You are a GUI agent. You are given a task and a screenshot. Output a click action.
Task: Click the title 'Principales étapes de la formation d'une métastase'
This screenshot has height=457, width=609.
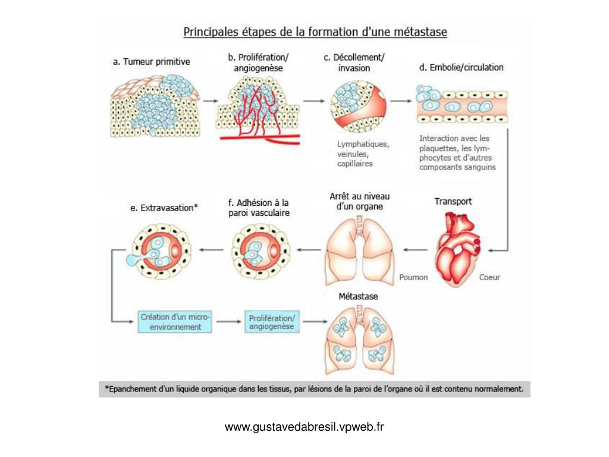pos(315,32)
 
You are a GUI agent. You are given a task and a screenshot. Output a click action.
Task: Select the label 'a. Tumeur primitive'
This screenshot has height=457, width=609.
pos(152,61)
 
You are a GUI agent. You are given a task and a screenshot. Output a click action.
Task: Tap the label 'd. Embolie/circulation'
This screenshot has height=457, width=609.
pos(461,67)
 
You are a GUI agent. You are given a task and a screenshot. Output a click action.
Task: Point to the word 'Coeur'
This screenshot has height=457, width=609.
pos(489,277)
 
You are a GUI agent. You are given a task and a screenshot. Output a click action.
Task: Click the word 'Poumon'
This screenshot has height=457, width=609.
pos(413,277)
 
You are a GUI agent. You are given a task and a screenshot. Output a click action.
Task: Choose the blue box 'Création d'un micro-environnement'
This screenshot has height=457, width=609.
pos(175,322)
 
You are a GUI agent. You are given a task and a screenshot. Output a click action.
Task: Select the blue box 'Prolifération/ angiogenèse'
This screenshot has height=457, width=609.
pos(271,322)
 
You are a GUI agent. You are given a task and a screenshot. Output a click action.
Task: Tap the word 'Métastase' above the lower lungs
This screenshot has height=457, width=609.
pos(358,296)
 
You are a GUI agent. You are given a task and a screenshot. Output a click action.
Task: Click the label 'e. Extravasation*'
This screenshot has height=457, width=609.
pos(164,208)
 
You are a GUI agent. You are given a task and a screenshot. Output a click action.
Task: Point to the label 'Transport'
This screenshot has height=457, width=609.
pos(453,201)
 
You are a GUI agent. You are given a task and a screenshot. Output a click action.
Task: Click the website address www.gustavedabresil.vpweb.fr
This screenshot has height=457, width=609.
pos(304,427)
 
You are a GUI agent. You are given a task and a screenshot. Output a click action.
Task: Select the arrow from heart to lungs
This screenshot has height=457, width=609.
pos(415,250)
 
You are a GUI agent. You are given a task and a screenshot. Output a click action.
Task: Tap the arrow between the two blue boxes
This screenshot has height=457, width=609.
pos(227,322)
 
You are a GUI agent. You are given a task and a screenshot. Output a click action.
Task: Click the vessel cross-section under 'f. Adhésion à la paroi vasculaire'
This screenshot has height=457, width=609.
pos(259,250)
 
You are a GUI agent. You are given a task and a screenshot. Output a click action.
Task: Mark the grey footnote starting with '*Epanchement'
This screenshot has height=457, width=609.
pos(314,390)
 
